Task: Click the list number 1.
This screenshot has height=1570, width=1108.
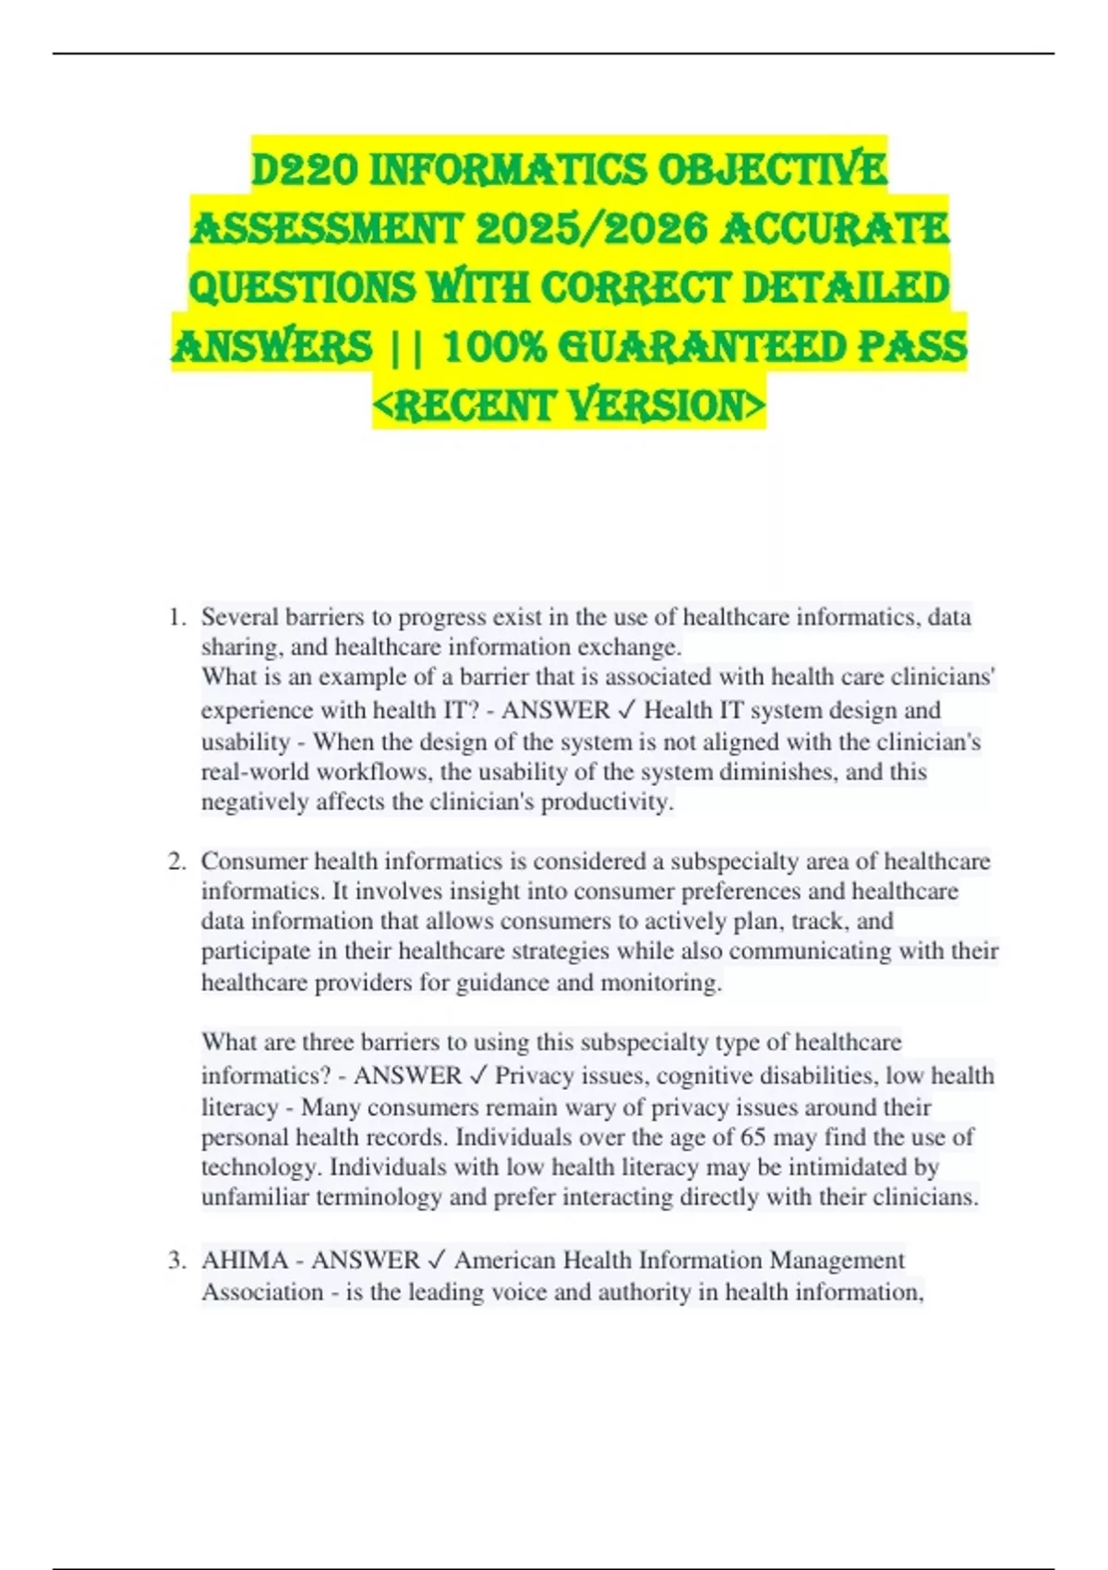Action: tap(177, 617)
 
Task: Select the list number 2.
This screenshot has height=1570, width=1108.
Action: tap(177, 862)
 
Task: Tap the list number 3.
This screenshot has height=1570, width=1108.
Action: tap(177, 1261)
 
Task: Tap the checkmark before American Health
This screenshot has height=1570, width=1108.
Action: tap(438, 1261)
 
